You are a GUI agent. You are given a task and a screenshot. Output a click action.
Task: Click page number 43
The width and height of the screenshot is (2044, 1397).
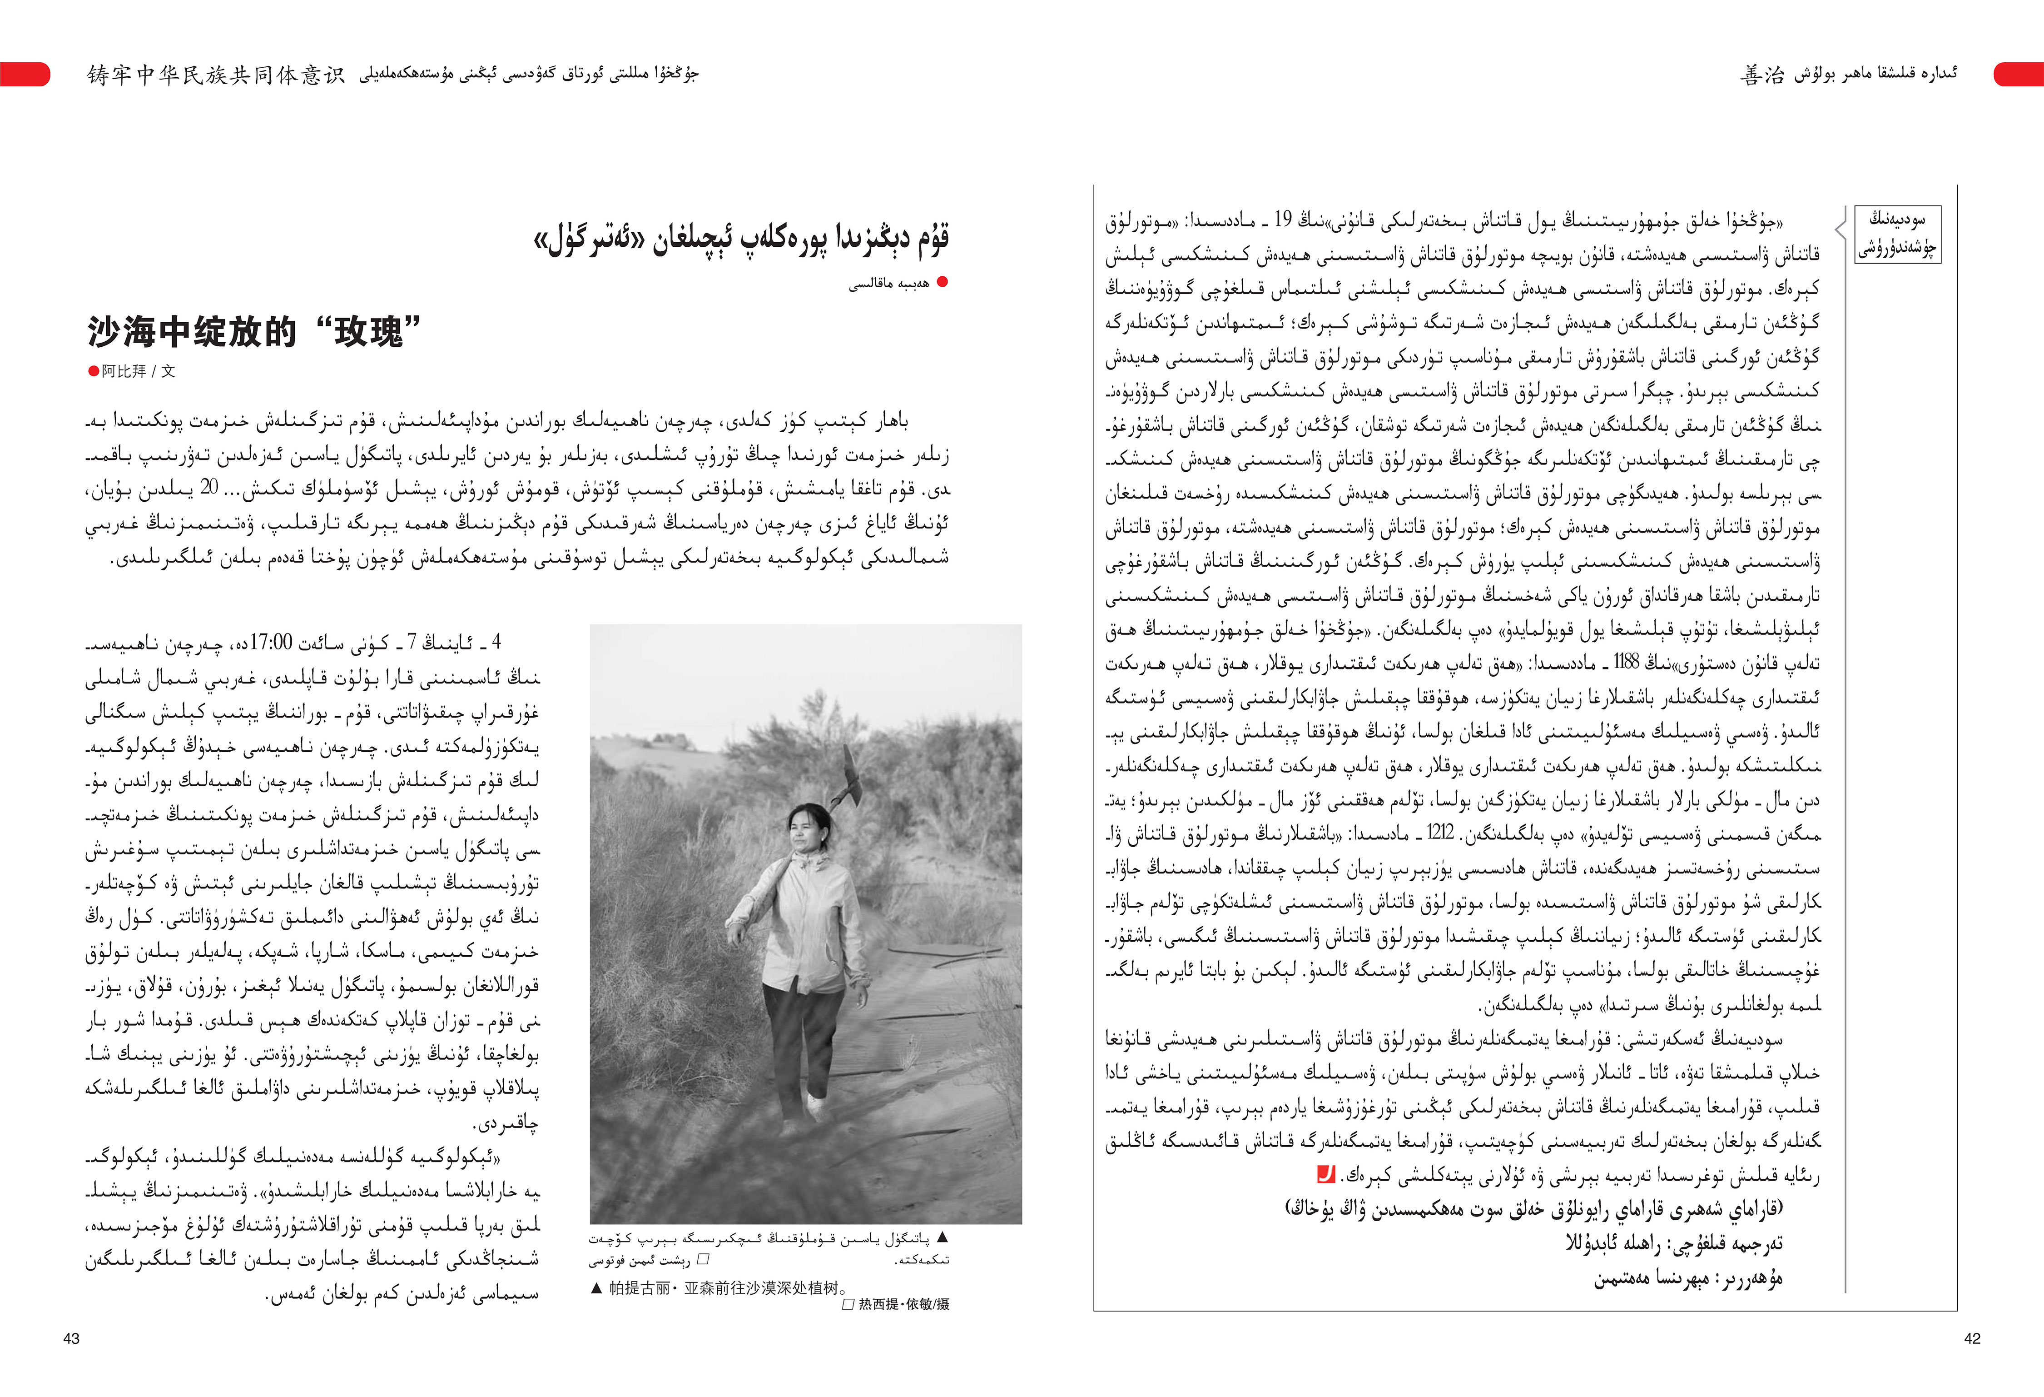(71, 1338)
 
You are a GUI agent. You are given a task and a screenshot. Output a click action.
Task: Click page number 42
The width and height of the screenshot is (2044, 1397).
(1972, 1338)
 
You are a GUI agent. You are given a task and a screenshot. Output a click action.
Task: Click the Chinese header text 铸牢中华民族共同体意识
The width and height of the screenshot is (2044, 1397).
(215, 75)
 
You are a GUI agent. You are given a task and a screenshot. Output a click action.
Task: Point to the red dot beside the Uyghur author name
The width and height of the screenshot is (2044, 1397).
(943, 282)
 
